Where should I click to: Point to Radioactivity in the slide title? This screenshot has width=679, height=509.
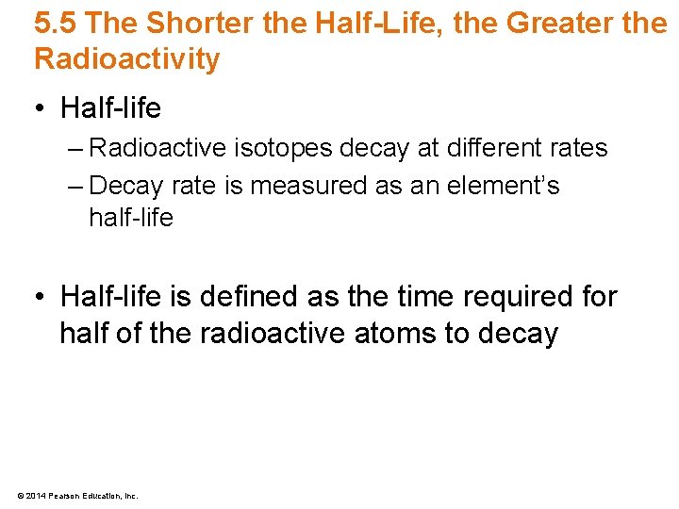(127, 59)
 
